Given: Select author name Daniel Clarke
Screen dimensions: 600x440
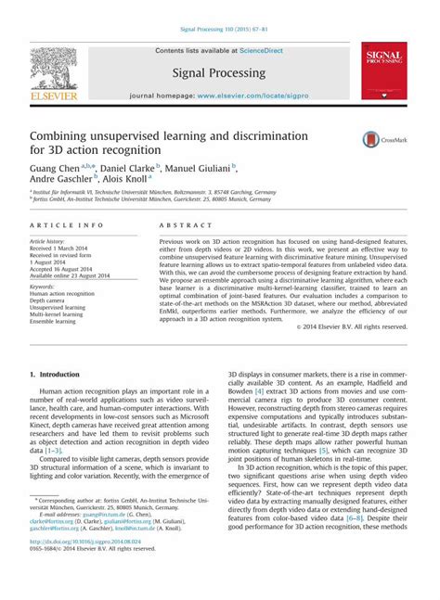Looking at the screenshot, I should tap(125, 168).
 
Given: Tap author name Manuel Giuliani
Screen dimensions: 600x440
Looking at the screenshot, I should tap(199, 168).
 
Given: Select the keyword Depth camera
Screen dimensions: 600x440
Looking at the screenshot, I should tap(51, 300).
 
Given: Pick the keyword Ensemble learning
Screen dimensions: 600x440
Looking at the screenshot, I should tap(55, 323).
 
